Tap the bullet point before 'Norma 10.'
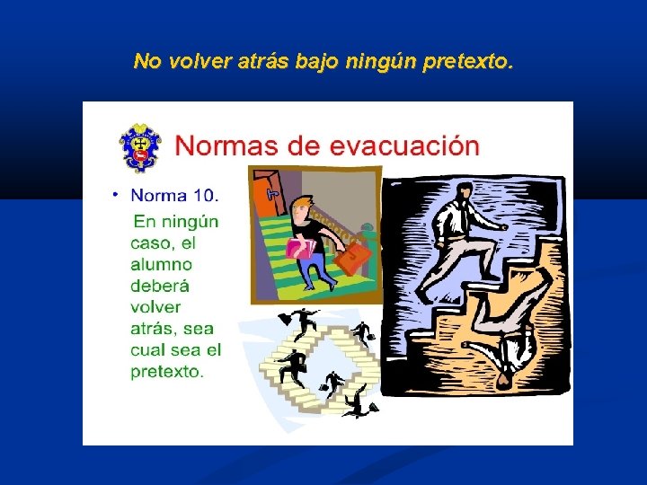coord(115,194)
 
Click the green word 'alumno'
coord(161,264)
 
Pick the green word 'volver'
coord(155,307)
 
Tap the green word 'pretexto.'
coord(167,371)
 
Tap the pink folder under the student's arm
coord(299,248)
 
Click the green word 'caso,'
coord(150,242)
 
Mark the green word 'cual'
coord(148,349)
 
